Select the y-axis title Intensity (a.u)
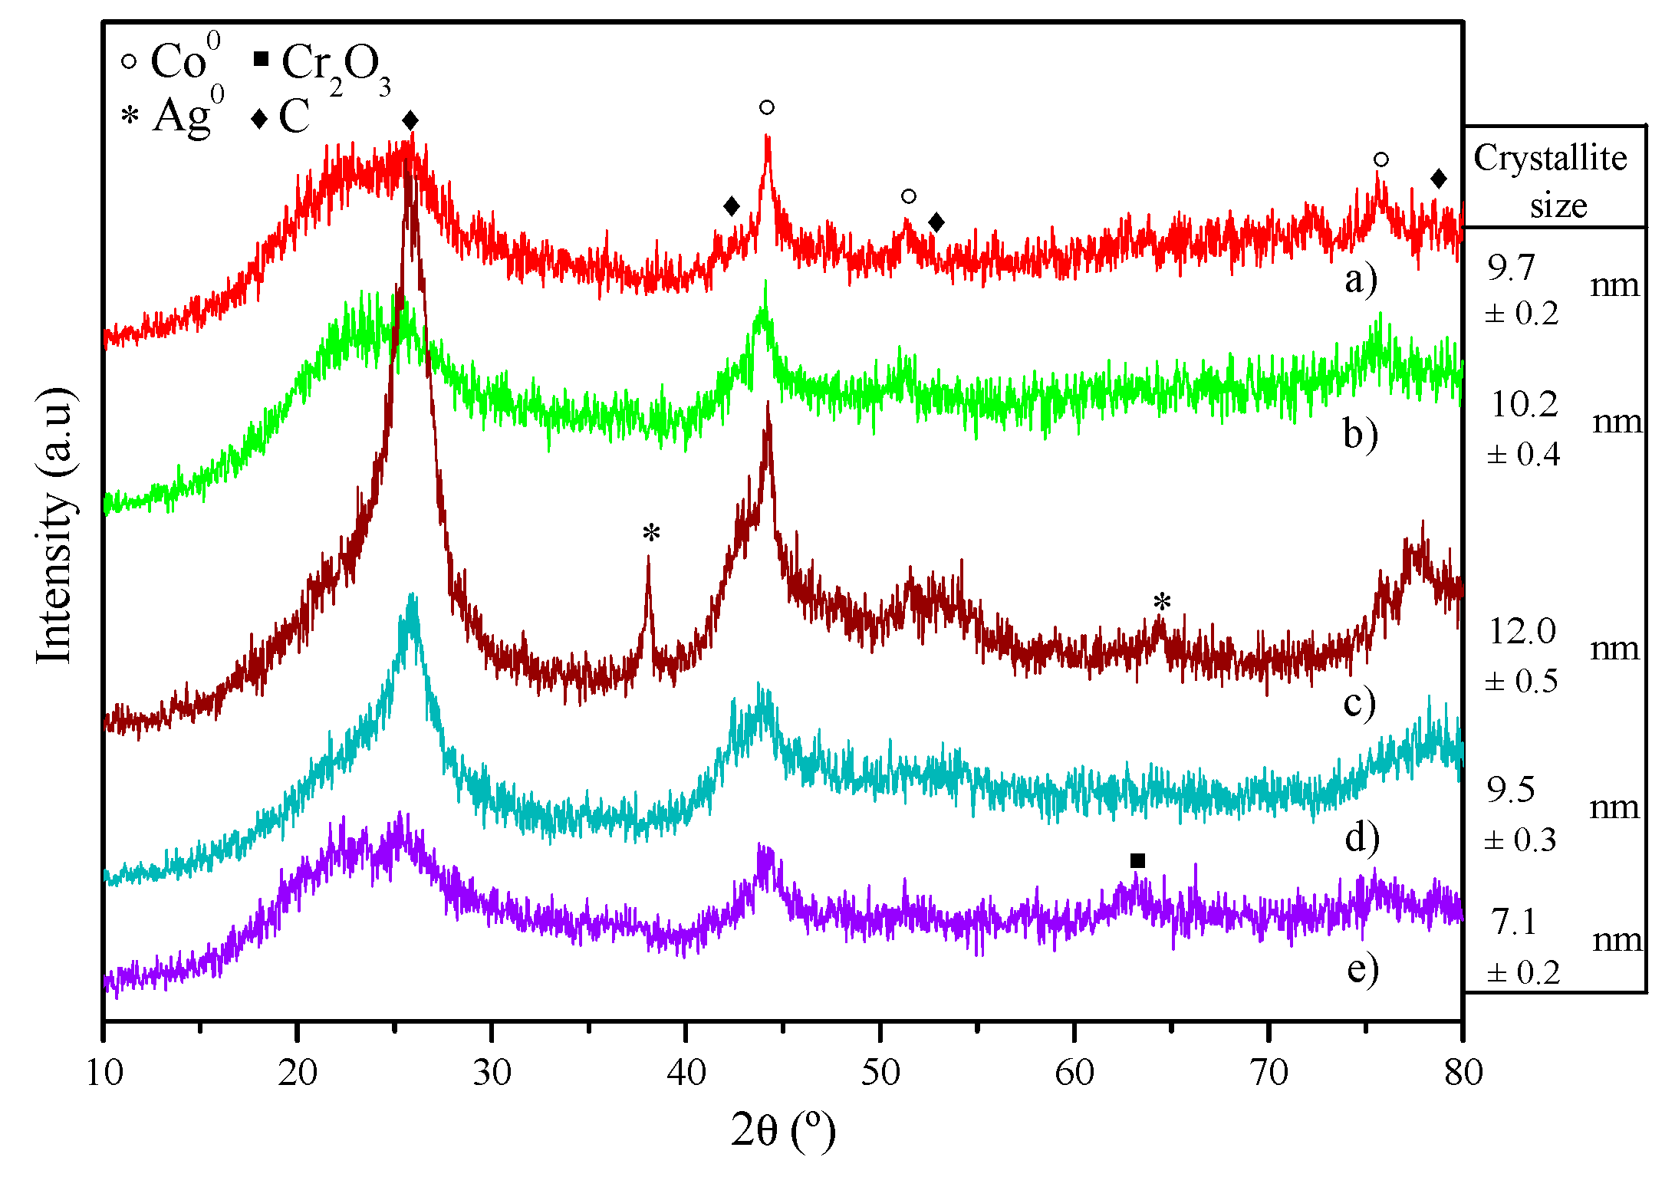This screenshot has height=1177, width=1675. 55,525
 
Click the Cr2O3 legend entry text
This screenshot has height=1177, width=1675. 335,65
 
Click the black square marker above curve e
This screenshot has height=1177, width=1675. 1137,861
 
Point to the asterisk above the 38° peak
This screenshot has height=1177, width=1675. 651,533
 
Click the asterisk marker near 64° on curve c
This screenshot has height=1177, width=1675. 1162,602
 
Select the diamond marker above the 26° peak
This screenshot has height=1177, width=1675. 410,120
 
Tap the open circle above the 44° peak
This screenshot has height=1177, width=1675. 767,107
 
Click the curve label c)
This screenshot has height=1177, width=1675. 1360,703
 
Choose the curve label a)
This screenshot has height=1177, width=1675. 1361,279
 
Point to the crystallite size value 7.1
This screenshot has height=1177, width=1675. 1515,922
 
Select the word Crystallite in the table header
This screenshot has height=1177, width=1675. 1550,158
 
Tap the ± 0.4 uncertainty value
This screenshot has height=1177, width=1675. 1523,455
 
